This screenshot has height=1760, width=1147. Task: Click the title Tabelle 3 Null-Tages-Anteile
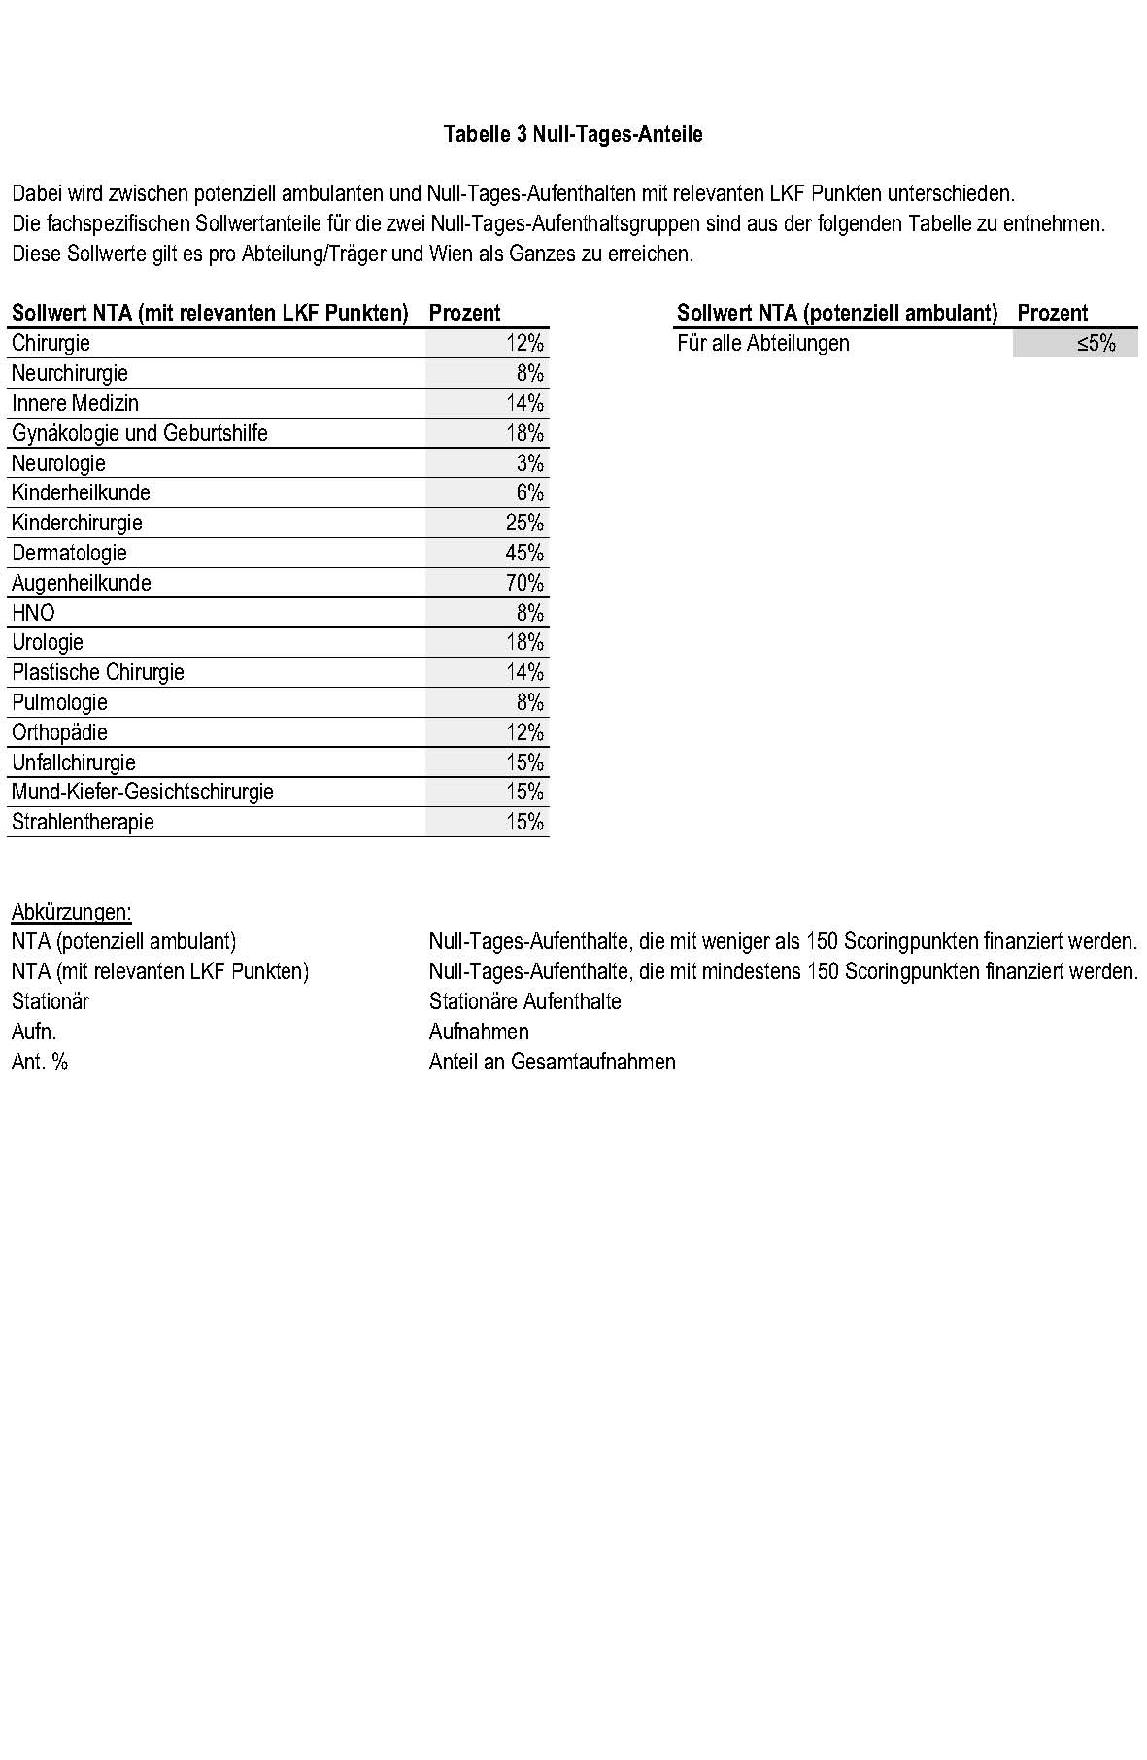573,134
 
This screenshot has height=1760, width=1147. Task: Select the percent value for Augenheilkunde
524,583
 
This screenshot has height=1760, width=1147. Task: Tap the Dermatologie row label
69,553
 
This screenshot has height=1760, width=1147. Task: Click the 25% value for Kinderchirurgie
524,523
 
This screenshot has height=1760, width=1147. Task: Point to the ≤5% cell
1096,343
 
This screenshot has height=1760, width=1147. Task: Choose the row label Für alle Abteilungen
762,343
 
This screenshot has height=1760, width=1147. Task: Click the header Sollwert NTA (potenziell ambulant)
837,313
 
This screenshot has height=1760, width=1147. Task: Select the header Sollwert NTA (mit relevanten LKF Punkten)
210,313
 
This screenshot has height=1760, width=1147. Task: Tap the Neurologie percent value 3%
529,463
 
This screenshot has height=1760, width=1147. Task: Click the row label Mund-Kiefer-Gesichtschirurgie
143,792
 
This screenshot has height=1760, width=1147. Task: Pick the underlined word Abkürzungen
71,912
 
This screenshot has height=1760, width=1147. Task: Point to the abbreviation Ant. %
40,1062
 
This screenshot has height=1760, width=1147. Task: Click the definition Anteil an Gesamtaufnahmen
552,1062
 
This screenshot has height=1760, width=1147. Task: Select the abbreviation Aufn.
34,1032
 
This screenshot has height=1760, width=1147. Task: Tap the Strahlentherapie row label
83,822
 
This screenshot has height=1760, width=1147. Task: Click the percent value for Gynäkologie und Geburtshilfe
524,433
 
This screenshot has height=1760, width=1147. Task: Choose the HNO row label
33,613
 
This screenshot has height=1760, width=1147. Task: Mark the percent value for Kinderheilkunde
529,492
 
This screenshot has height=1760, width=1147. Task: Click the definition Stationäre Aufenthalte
524,1001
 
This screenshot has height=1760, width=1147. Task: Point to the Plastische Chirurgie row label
97,672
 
